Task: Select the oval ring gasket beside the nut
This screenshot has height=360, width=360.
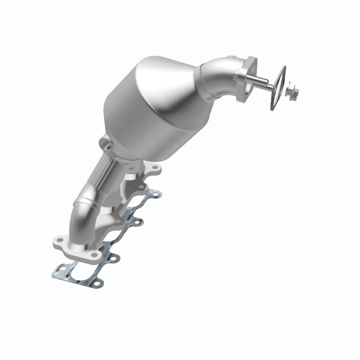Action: click(279, 88)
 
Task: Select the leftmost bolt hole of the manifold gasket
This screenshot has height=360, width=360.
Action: click(53, 270)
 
